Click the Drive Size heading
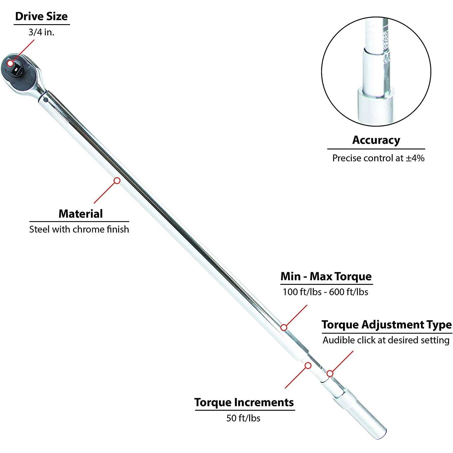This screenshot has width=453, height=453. [x=41, y=16]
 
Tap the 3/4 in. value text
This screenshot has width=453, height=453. [x=41, y=32]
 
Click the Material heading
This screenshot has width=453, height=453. [x=81, y=214]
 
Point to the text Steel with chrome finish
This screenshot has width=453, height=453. [x=79, y=230]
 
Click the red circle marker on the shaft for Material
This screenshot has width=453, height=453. [x=117, y=181]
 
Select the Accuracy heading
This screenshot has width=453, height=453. [x=376, y=140]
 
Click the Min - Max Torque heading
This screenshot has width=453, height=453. [x=326, y=276]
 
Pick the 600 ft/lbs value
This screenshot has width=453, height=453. [x=349, y=292]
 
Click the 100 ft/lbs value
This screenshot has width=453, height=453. [x=302, y=292]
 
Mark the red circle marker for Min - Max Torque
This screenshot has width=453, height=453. [x=284, y=327]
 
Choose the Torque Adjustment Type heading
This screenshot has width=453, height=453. [x=387, y=325]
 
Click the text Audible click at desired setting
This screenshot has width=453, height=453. [x=386, y=340]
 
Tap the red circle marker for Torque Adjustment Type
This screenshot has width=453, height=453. [x=330, y=374]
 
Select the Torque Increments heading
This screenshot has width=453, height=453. [x=244, y=403]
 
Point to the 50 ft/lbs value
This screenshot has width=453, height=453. [x=243, y=418]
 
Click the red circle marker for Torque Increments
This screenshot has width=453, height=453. [x=308, y=366]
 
